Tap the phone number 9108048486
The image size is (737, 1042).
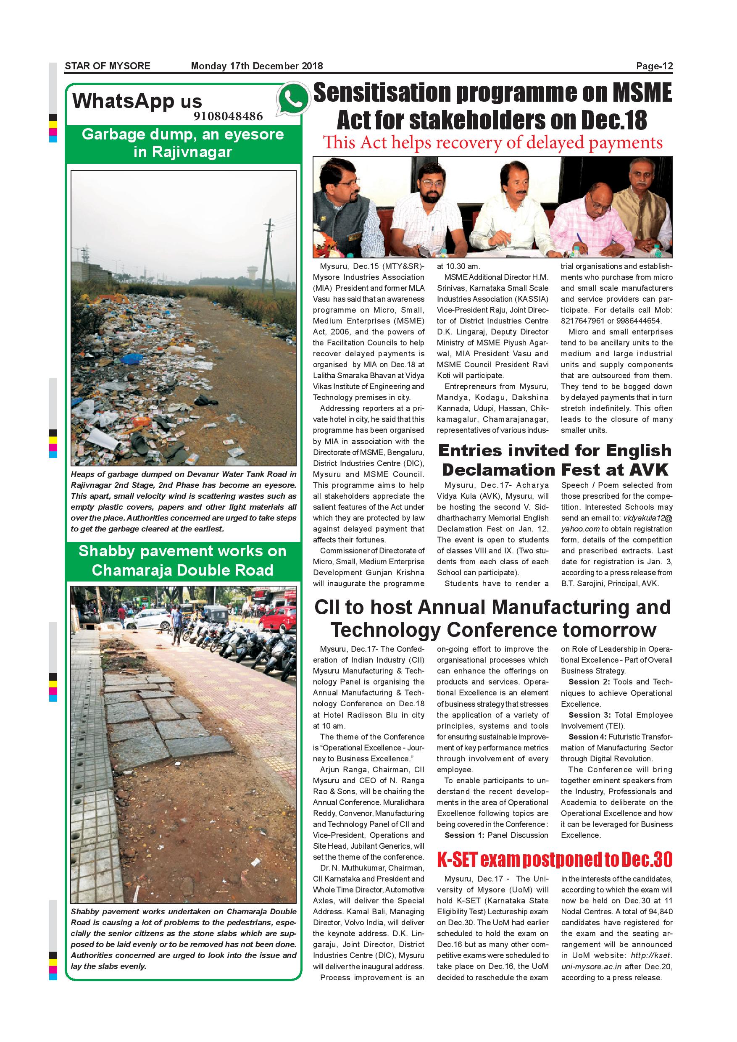click(228, 116)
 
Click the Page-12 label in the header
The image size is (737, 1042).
click(654, 66)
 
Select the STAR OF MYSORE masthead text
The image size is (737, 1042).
click(108, 66)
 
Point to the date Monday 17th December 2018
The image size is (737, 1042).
click(257, 66)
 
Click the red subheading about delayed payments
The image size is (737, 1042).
click(492, 142)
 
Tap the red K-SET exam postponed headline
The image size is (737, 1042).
click(555, 859)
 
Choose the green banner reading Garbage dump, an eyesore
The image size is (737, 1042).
click(183, 143)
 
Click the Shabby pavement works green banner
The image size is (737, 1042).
click(183, 561)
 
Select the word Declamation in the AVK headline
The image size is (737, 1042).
click(499, 469)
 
